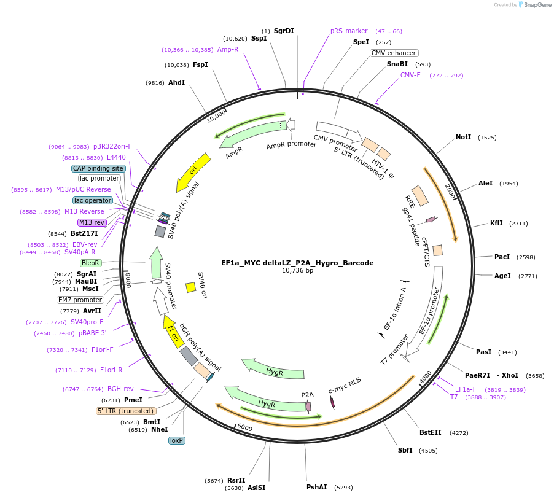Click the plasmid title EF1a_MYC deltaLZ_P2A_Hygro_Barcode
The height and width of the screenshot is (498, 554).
pos(297,263)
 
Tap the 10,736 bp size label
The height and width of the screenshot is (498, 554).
pos(297,270)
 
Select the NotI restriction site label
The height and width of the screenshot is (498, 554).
pos(463,138)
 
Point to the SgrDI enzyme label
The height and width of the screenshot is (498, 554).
pos(284,31)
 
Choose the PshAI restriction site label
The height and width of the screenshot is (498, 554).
pos(316,487)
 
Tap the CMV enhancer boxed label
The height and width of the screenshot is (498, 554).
pos(394,53)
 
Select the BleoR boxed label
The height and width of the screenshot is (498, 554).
pos(90,263)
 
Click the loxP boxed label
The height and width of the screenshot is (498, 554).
pos(177,440)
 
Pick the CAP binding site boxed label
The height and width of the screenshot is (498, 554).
pos(98,168)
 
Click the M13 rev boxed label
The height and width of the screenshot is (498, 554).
pos(92,222)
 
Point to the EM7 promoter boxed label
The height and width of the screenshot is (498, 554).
pos(80,300)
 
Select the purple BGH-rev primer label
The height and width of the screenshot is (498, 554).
pos(120,389)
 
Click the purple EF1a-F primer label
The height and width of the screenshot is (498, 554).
pos(466,389)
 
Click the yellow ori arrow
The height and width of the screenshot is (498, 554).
pos(193,171)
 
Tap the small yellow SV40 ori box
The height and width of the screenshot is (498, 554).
pos(191,287)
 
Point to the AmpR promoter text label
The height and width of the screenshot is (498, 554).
pos(291,145)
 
